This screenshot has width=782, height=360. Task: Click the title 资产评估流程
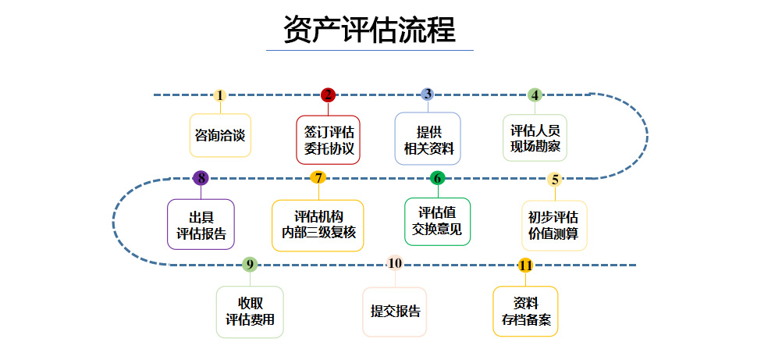pyautogui.click(x=369, y=30)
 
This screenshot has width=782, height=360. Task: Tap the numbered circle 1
pyautogui.click(x=220, y=95)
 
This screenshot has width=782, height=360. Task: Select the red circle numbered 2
pyautogui.click(x=328, y=95)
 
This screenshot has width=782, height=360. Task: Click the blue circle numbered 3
pyautogui.click(x=427, y=94)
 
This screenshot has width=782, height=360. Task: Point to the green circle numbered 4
pyautogui.click(x=535, y=95)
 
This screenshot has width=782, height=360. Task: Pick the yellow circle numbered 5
pyautogui.click(x=555, y=179)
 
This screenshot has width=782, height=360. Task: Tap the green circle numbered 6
pyautogui.click(x=437, y=178)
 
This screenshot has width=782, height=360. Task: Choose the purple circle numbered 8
pyautogui.click(x=201, y=178)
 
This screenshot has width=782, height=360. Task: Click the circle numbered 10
pyautogui.click(x=395, y=263)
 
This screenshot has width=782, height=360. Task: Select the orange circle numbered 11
pyautogui.click(x=525, y=266)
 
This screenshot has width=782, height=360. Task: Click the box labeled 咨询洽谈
pyautogui.click(x=220, y=135)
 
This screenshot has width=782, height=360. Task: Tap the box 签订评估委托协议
pyautogui.click(x=329, y=140)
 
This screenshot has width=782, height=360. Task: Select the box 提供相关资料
pyautogui.click(x=428, y=139)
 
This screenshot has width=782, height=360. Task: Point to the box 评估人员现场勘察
pyautogui.click(x=535, y=139)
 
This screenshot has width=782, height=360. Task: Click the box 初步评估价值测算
pyautogui.click(x=554, y=225)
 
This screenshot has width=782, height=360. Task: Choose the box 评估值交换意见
pyautogui.click(x=437, y=221)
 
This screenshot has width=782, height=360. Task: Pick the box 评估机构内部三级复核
pyautogui.click(x=318, y=225)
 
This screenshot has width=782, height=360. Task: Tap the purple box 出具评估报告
pyautogui.click(x=201, y=225)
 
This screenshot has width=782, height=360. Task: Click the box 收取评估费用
pyautogui.click(x=250, y=312)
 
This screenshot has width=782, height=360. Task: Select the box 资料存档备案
pyautogui.click(x=525, y=311)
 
